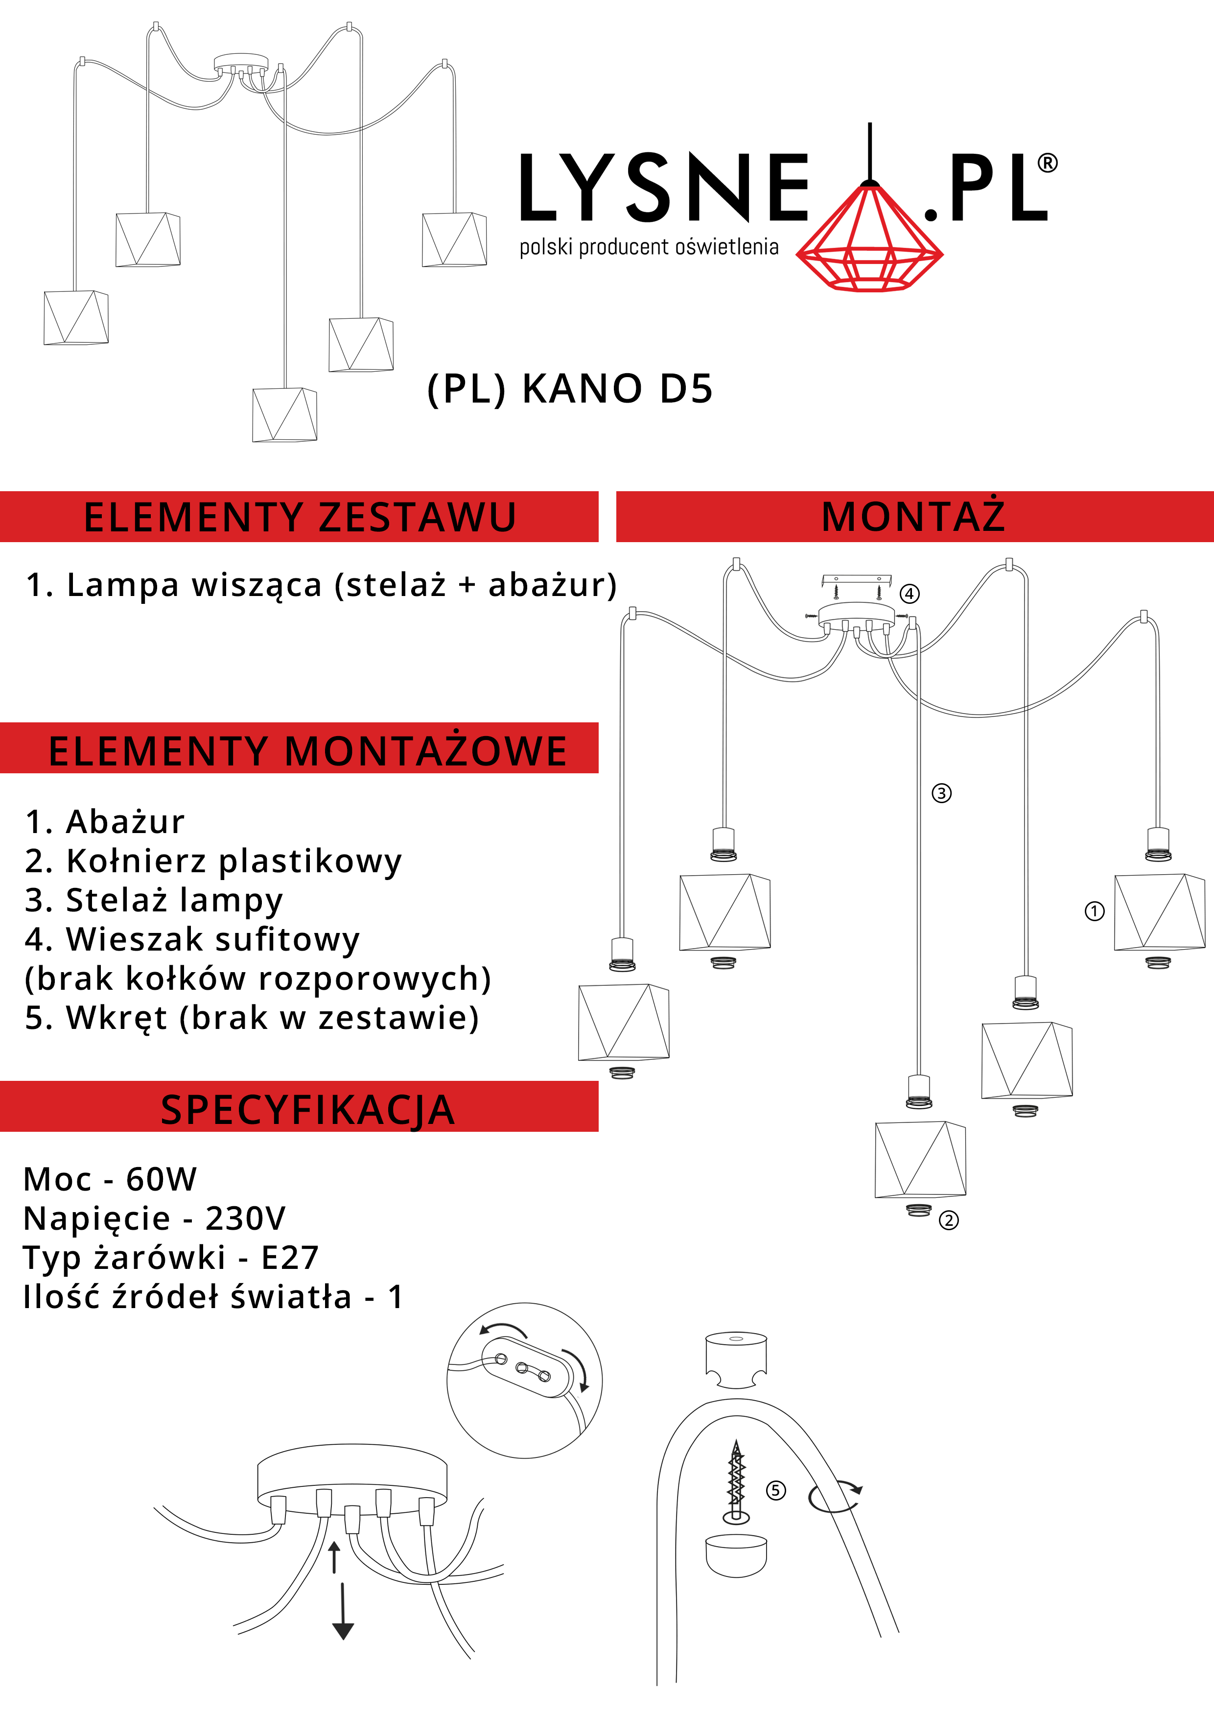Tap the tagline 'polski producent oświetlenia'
click(649, 247)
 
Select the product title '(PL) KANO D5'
click(570, 388)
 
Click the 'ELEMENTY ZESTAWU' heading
click(300, 517)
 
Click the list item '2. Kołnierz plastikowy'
click(213, 861)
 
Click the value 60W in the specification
click(161, 1179)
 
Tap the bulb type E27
click(290, 1257)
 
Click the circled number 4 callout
click(910, 594)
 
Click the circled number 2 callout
click(949, 1220)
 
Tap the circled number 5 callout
click(776, 1491)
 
